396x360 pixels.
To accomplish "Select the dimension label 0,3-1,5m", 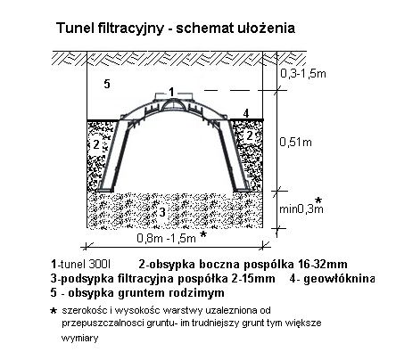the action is [303, 73].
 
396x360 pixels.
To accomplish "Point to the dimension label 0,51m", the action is [295, 143].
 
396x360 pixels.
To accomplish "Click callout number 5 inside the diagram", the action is [107, 84].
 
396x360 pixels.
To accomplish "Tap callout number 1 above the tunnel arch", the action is [171, 92].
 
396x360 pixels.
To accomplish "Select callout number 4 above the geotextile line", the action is [246, 113].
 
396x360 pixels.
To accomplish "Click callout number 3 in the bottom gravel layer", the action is [162, 212].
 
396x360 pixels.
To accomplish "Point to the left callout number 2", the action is [95, 144].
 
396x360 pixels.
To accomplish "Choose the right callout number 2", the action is [250, 135].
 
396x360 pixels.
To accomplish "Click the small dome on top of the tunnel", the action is [172, 104].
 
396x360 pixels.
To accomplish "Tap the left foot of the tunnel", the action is [106, 189].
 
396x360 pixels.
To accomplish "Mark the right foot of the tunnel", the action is [241, 188].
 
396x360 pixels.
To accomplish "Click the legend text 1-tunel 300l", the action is [80, 264].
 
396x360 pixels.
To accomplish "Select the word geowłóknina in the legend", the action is [339, 279].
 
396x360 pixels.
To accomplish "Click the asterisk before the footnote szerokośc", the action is [54, 311].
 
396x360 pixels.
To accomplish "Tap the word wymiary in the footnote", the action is [79, 338].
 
